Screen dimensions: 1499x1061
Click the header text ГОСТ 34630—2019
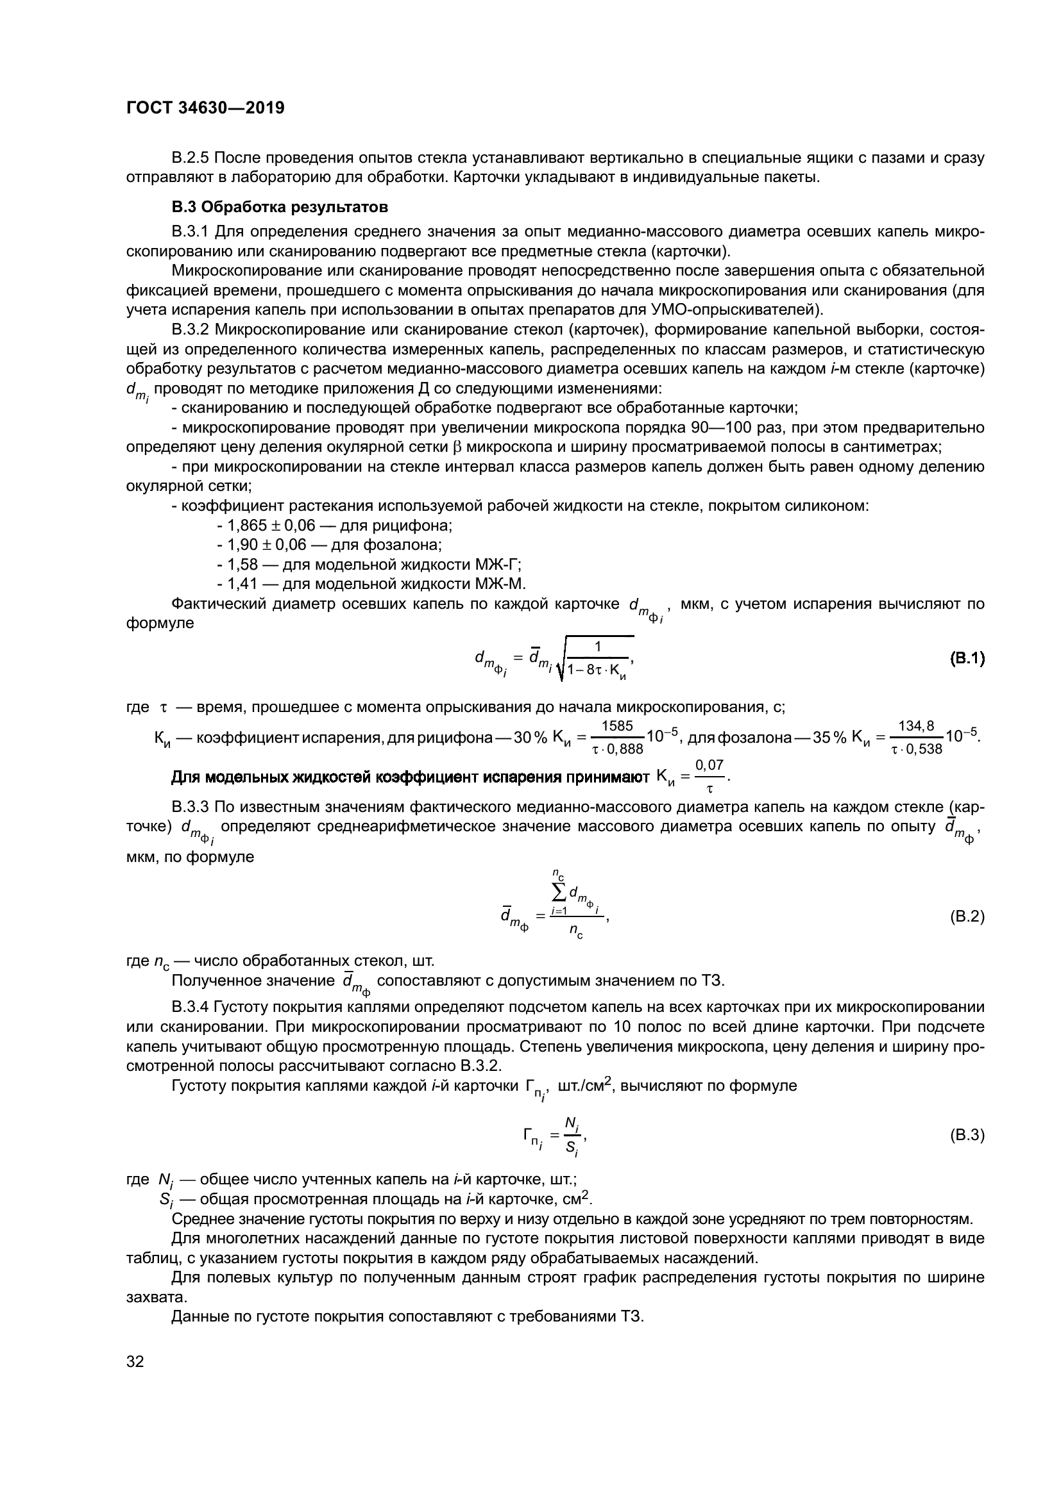[x=205, y=108]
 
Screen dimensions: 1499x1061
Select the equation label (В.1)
[x=967, y=658]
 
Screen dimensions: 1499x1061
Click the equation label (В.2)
[x=967, y=916]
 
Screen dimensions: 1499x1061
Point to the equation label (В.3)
[x=967, y=1135]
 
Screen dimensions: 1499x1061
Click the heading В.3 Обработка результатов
[x=280, y=207]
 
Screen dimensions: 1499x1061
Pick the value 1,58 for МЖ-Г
[x=242, y=564]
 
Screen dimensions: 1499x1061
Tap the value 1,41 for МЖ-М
[x=242, y=584]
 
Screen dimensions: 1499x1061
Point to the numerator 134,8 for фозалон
[x=916, y=725]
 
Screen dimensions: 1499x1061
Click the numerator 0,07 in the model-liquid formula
[x=709, y=765]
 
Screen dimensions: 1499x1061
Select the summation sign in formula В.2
[x=559, y=891]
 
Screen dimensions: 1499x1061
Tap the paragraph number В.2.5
[x=191, y=158]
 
